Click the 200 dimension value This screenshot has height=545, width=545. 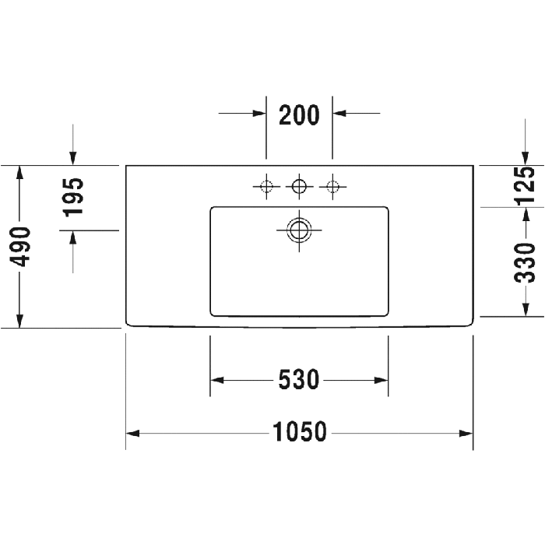[x=299, y=115]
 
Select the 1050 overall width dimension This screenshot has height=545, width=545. [x=300, y=431]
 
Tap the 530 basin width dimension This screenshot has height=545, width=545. [x=299, y=380]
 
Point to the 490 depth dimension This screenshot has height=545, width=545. [x=20, y=247]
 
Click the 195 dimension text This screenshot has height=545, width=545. [x=74, y=198]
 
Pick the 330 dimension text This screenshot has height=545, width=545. [x=525, y=263]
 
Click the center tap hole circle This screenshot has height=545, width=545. [x=299, y=186]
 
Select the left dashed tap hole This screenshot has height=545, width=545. [x=266, y=187]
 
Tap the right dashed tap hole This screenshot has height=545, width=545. [x=332, y=187]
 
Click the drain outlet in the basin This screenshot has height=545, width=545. [x=299, y=230]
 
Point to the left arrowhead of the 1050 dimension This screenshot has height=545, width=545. [x=132, y=434]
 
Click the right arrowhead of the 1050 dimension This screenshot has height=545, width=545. [x=466, y=434]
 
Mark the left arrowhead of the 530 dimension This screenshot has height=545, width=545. [x=217, y=380]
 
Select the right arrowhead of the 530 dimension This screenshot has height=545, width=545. [x=381, y=380]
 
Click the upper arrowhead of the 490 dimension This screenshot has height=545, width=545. [x=19, y=173]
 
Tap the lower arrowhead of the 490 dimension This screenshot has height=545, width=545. [x=19, y=321]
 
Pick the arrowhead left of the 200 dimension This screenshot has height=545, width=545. [x=259, y=113]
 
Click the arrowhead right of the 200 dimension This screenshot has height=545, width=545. [x=339, y=113]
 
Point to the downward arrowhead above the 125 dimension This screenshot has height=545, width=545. [x=526, y=158]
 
